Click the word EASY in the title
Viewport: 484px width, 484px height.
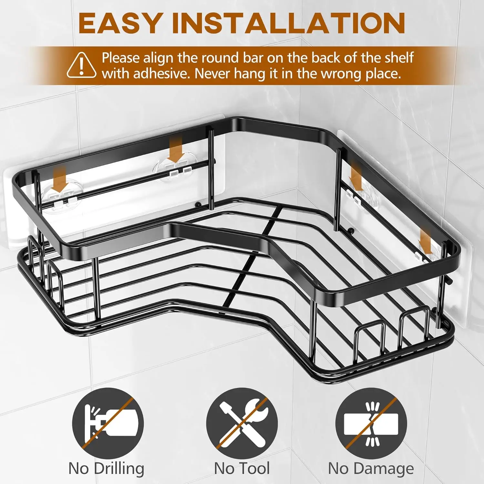(x=119, y=23)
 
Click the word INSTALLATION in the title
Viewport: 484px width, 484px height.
(x=288, y=23)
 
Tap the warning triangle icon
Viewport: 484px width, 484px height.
(x=82, y=66)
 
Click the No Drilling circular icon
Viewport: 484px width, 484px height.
(x=108, y=423)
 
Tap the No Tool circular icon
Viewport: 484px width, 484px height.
(x=242, y=423)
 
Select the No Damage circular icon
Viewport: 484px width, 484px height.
(x=371, y=423)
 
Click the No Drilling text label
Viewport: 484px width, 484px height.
(x=106, y=469)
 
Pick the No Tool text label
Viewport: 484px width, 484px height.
(x=242, y=469)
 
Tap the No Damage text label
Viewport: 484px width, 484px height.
(x=371, y=469)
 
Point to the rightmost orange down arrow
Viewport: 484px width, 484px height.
(x=426, y=243)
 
